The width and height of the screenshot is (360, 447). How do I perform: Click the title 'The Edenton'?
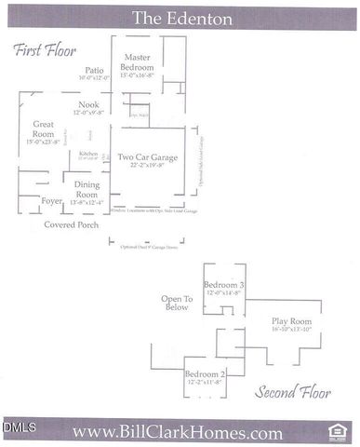point(180,18)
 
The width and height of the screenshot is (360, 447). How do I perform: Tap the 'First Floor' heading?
point(45,50)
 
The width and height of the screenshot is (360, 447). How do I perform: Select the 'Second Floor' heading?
point(293,391)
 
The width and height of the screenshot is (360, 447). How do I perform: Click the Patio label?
point(94,70)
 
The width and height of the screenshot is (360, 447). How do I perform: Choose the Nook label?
point(88,105)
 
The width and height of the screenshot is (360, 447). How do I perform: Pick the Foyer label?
point(52,200)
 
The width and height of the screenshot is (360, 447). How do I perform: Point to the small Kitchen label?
point(88,153)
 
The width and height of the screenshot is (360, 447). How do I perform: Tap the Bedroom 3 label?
point(223,284)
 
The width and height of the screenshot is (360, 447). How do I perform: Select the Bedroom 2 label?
point(205,373)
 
